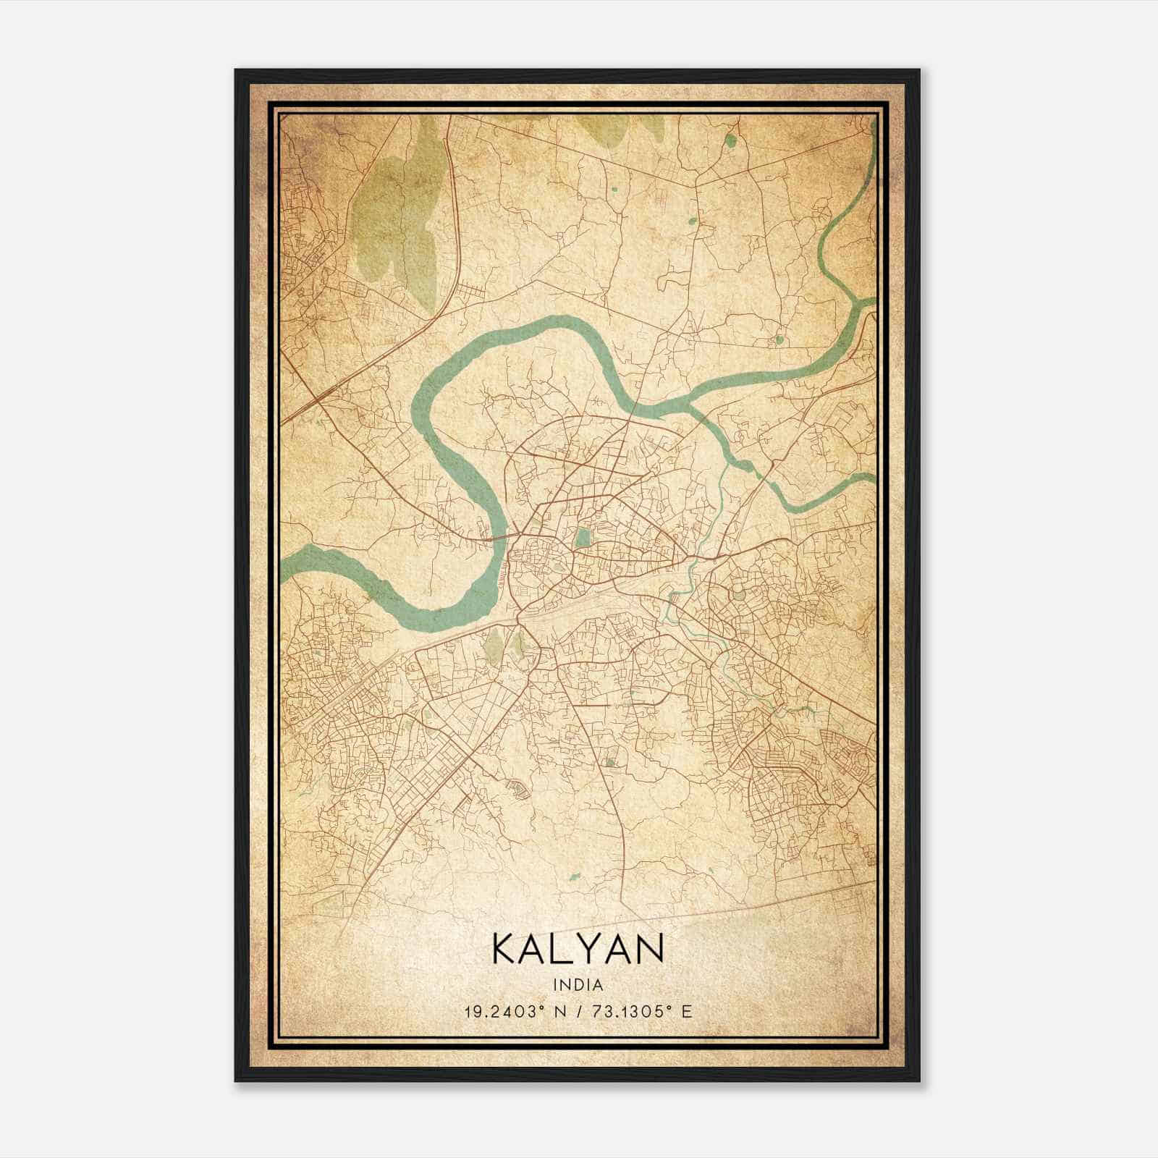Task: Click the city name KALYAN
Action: pyautogui.click(x=578, y=948)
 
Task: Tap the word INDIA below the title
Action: pyautogui.click(x=578, y=985)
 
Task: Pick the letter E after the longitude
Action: pyautogui.click(x=687, y=1011)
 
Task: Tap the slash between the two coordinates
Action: pyautogui.click(x=577, y=1011)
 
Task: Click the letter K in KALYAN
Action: pyautogui.click(x=504, y=948)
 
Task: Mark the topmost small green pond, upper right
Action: pyautogui.click(x=731, y=140)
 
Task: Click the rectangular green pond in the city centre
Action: pyautogui.click(x=582, y=538)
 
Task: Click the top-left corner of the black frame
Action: pyautogui.click(x=237, y=71)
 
